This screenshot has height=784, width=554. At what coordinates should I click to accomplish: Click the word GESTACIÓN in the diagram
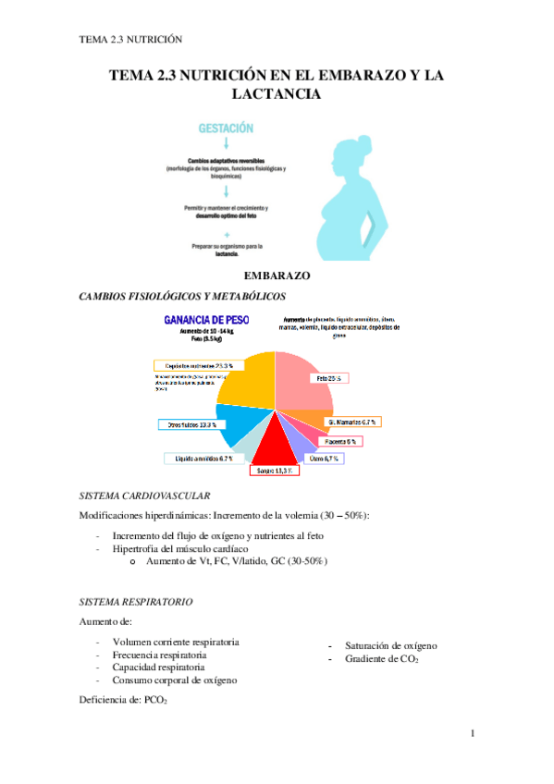pos(227,129)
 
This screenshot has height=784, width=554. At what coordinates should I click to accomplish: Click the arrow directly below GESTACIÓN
pos(227,144)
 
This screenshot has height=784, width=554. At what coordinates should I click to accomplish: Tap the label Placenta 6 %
pos(340,441)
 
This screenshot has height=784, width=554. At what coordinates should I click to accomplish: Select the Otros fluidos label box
pos(189,425)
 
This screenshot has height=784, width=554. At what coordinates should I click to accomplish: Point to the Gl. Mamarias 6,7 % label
pos(352,422)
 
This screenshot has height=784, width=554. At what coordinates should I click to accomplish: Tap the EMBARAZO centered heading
pos(277,276)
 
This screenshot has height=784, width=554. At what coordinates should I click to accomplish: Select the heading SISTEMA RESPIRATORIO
pos(137,601)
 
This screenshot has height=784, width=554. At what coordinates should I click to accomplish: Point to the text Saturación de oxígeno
pos(391,645)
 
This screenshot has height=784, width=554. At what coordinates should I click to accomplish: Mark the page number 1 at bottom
pos(472,734)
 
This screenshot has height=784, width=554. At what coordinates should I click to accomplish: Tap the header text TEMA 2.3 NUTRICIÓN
pos(130,39)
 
